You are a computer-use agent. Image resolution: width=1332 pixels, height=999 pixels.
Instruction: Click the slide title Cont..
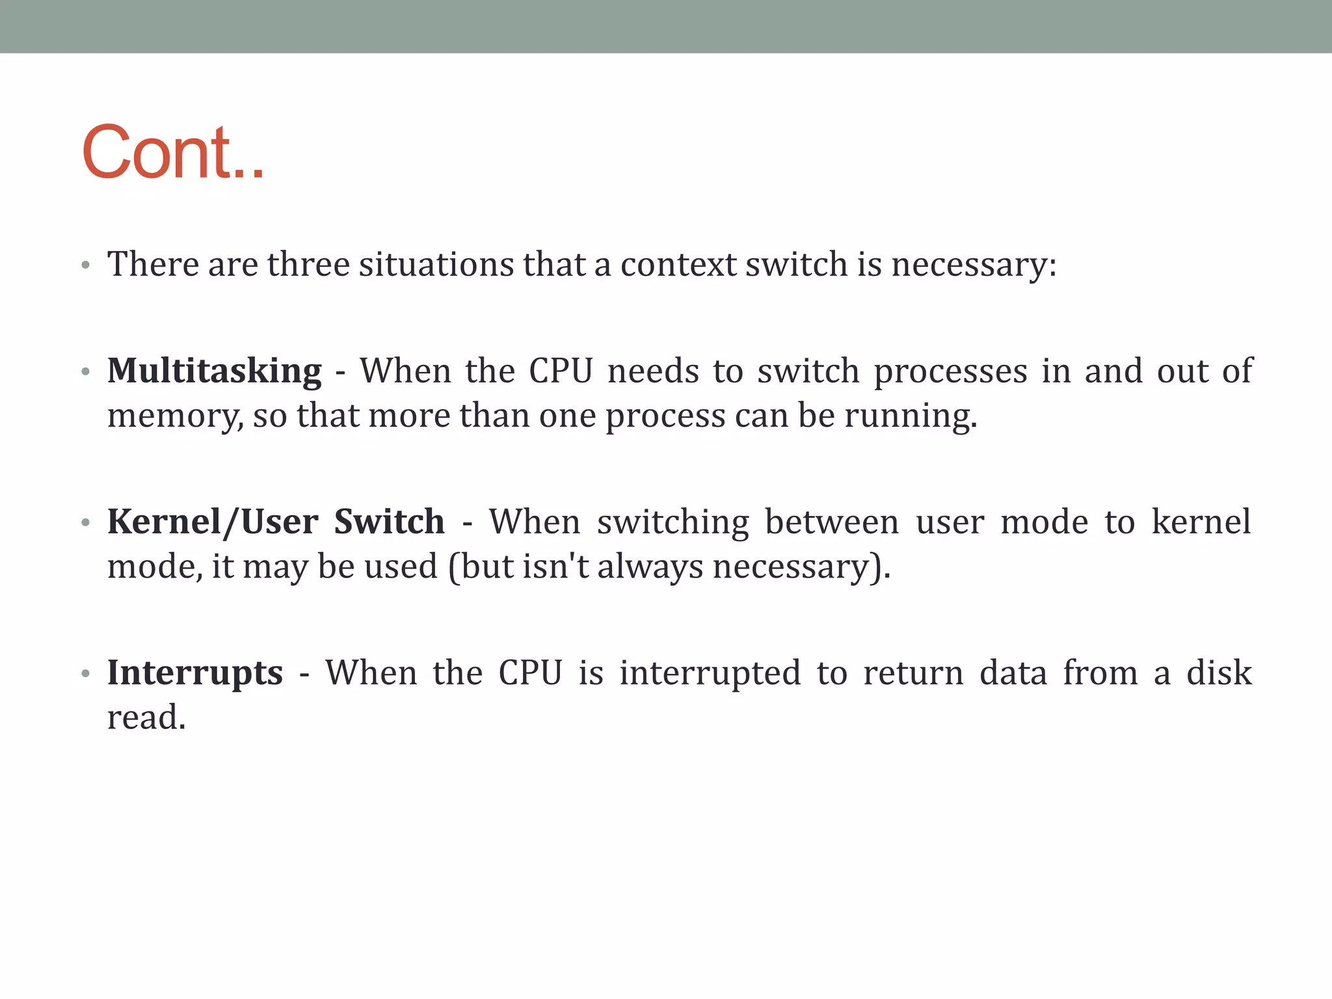click(x=173, y=153)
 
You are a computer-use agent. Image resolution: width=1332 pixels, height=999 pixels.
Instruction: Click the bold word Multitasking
click(x=214, y=372)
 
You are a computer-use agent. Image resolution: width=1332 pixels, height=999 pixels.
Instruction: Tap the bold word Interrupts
click(x=195, y=674)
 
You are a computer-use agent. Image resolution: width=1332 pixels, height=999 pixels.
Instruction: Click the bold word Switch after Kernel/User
click(x=389, y=523)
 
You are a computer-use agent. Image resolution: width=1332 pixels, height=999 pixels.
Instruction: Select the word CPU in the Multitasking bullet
click(x=561, y=372)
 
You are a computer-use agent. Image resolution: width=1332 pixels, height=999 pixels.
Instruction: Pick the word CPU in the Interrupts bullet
click(x=530, y=674)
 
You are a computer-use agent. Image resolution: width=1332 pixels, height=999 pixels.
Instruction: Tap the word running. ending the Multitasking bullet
click(x=911, y=416)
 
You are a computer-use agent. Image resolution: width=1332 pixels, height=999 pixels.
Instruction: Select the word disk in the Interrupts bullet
click(x=1219, y=674)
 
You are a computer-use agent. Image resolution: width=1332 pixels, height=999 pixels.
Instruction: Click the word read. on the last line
click(x=146, y=718)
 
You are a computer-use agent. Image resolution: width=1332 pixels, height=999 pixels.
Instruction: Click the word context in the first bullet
click(x=678, y=265)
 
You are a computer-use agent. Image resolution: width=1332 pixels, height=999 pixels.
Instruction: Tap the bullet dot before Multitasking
click(x=85, y=372)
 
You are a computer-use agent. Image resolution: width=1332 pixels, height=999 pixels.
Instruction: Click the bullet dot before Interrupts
click(x=85, y=674)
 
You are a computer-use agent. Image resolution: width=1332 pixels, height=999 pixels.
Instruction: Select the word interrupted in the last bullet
click(x=710, y=674)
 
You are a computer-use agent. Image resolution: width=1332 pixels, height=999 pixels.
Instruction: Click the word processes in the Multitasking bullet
click(x=950, y=372)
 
